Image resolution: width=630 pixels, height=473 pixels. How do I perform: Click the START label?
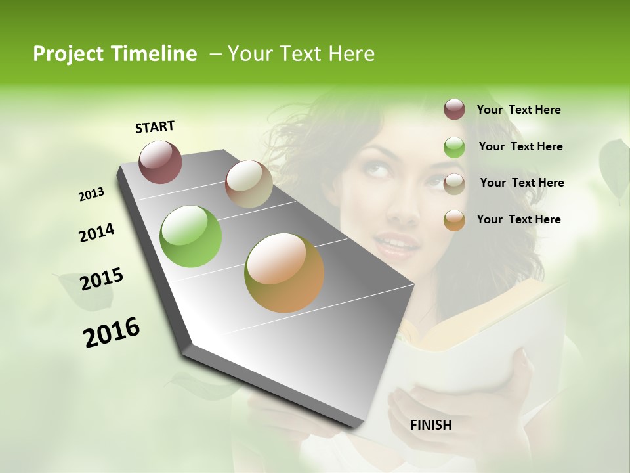point(155,126)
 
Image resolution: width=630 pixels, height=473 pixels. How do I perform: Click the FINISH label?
point(431,425)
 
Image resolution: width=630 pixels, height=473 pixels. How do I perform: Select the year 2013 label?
point(91,194)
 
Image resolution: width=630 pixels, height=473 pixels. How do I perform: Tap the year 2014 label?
point(96,233)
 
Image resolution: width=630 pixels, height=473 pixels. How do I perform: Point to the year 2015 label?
point(102,279)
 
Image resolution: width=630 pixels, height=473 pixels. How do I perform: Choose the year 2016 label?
point(112,332)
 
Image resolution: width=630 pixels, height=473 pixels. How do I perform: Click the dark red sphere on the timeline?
point(160,162)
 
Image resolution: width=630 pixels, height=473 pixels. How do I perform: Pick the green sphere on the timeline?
point(190,236)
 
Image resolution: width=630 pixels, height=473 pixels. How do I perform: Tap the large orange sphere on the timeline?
point(284,273)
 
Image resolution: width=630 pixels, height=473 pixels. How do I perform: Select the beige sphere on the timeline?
point(249,184)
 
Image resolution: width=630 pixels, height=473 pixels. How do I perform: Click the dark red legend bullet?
point(454,109)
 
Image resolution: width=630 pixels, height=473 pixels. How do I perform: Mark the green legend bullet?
point(454,147)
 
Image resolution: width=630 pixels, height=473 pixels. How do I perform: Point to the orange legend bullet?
point(454,220)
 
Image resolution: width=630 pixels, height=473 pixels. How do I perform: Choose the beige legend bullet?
point(454,184)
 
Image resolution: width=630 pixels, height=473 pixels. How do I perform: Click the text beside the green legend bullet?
point(520,146)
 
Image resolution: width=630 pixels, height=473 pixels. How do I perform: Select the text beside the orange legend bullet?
point(518,219)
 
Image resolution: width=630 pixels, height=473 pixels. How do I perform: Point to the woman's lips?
point(400,244)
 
